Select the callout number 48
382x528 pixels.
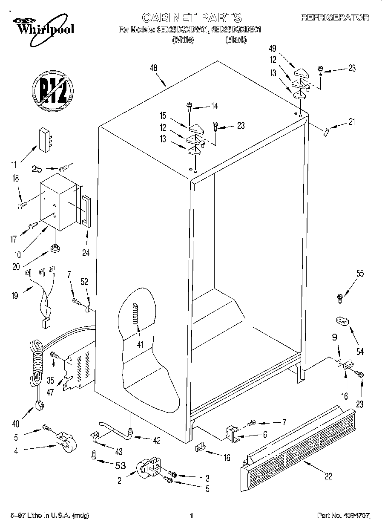click(x=154, y=68)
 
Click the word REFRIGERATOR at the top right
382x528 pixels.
click(x=335, y=18)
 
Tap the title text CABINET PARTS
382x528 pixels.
click(x=191, y=18)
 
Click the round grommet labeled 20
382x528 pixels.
click(x=55, y=248)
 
